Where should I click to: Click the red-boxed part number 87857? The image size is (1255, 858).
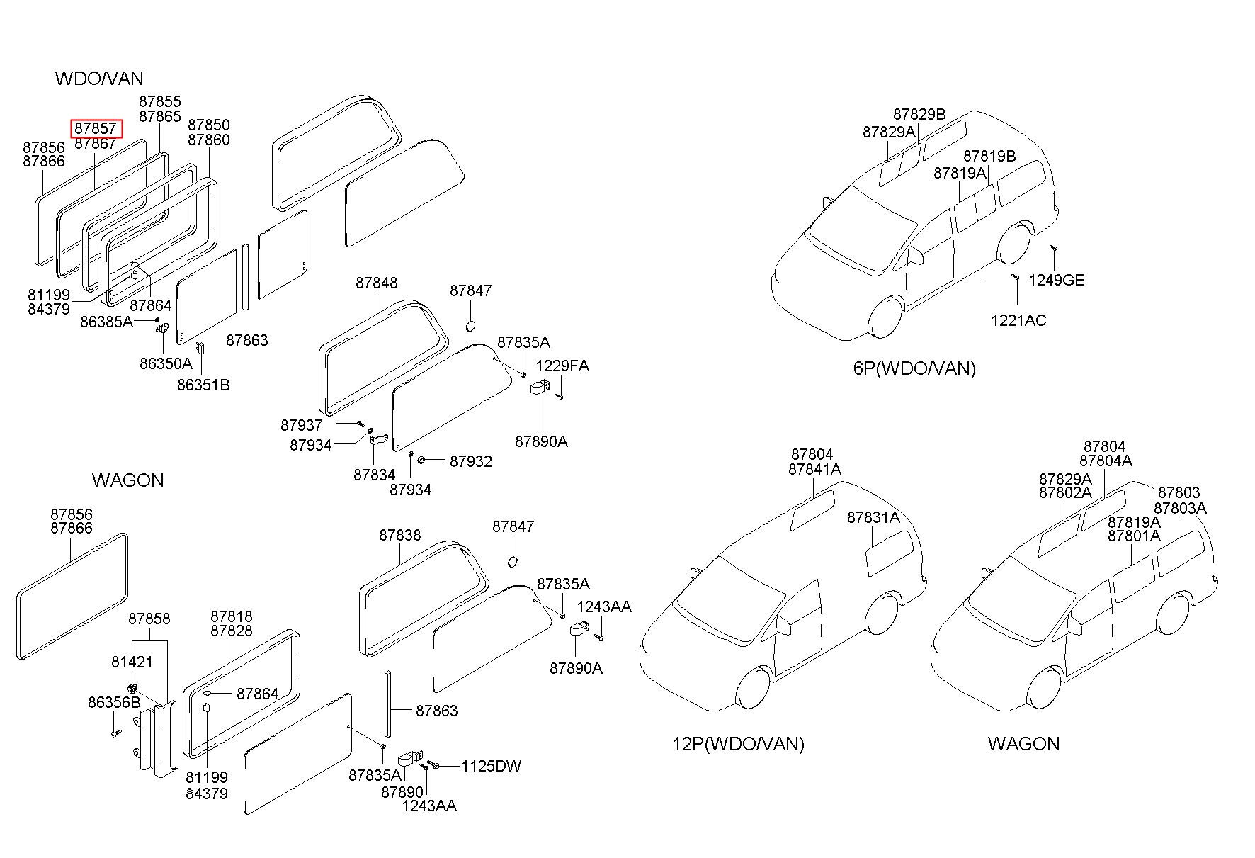96,128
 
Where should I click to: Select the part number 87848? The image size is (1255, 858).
377,283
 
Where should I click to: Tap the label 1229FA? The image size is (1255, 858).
562,366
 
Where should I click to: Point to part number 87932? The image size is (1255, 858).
471,461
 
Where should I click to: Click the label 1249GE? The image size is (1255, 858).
1057,280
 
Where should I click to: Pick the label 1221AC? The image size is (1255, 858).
1018,320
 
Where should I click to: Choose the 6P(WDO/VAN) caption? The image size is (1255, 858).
914,368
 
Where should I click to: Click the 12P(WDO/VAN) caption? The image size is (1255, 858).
739,743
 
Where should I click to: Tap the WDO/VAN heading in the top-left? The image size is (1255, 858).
99,78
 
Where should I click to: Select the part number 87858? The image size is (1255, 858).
149,619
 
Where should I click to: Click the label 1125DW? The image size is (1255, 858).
492,766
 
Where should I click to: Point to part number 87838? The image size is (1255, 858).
400,535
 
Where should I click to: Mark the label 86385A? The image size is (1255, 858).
106,322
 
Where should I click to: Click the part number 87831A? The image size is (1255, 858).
873,518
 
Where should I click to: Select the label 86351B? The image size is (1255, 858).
203,385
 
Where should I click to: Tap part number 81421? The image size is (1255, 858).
132,662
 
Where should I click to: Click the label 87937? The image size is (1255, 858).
302,425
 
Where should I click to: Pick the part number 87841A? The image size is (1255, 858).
814,469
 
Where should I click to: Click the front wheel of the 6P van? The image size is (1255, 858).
887,319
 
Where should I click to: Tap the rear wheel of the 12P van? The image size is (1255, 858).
882,614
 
